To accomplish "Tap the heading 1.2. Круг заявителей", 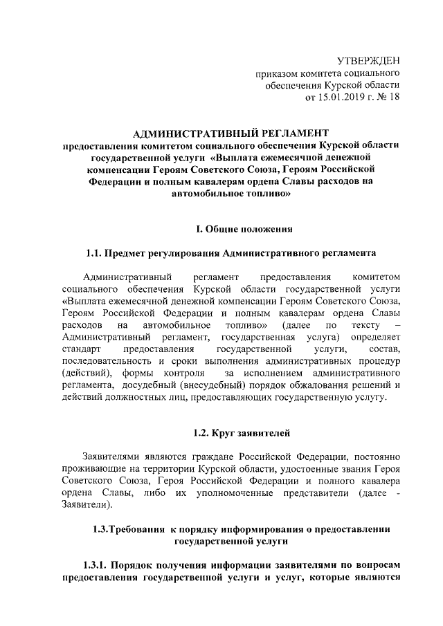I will pyautogui.click(x=241, y=433).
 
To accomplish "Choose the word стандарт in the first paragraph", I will pyautogui.click(x=80, y=349).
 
